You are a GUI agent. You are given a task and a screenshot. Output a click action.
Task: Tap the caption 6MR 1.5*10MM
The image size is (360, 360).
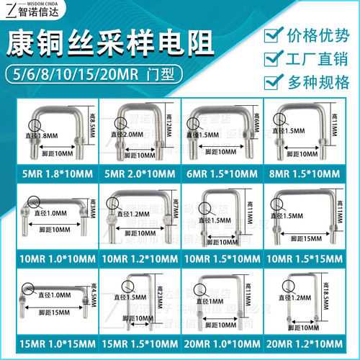click(226, 174)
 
